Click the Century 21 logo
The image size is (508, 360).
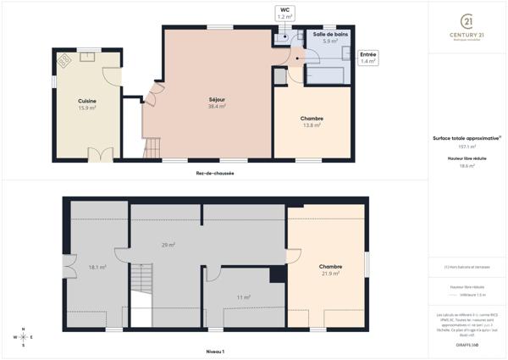467,27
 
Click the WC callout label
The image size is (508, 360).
285,13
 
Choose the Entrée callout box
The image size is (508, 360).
368,58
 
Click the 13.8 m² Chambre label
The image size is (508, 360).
312,121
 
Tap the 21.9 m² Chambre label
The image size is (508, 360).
331,269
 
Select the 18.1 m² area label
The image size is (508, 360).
97,267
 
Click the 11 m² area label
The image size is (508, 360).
244,296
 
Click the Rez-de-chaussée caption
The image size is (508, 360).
214,174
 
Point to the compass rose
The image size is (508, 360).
23,336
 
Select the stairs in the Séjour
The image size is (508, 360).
152,149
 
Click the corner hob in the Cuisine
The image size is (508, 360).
64,60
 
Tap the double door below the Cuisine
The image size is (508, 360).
100,155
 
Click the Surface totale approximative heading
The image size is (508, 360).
466,138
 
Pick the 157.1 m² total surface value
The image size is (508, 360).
466,147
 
